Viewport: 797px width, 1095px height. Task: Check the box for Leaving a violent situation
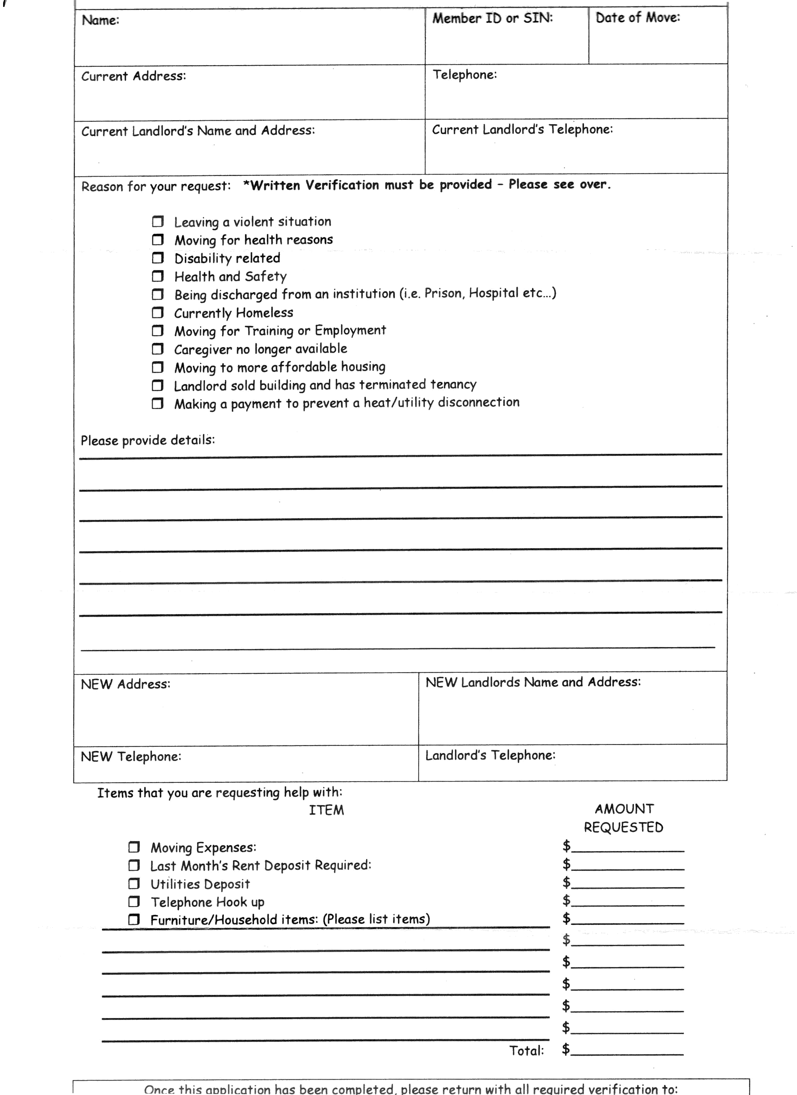(158, 222)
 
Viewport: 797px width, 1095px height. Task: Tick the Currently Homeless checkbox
(158, 313)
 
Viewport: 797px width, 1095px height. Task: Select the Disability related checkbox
(158, 258)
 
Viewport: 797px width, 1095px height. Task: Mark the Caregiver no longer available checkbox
(158, 349)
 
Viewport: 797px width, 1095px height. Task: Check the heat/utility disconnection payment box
(158, 403)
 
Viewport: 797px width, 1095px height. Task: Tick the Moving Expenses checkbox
(134, 847)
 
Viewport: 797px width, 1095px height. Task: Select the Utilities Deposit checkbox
(134, 884)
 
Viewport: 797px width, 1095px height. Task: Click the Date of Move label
(637, 18)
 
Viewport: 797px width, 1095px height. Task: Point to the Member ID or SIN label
(492, 18)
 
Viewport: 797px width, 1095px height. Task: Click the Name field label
(100, 20)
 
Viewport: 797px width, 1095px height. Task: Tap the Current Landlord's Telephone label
(522, 129)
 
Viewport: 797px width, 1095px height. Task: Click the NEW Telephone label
(131, 757)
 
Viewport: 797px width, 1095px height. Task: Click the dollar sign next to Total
(566, 1049)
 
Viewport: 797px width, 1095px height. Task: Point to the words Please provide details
(148, 440)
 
